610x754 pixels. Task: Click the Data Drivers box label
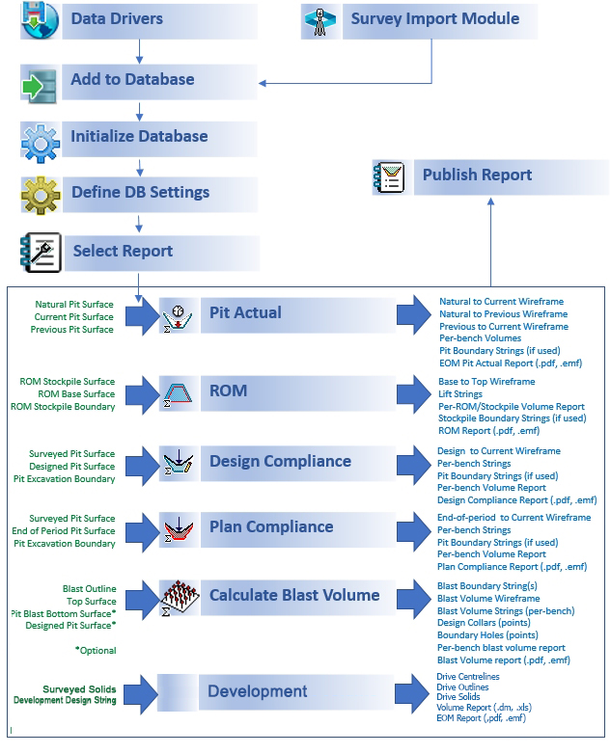click(x=117, y=18)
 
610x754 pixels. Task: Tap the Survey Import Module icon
click(x=320, y=21)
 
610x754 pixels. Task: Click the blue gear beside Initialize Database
click(x=41, y=143)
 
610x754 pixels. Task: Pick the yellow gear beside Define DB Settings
click(x=41, y=195)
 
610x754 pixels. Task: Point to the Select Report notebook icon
click(x=41, y=253)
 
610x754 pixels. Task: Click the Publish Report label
click(x=477, y=175)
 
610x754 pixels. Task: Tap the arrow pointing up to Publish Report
click(x=490, y=242)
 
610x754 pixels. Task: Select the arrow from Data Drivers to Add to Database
click(x=139, y=51)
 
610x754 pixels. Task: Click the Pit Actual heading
click(x=245, y=312)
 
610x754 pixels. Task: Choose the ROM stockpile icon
click(x=178, y=394)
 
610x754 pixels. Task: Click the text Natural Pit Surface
click(x=74, y=305)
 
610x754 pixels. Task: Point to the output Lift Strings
click(x=459, y=393)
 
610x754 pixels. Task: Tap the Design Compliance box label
click(x=280, y=461)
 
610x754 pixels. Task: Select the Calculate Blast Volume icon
click(x=179, y=598)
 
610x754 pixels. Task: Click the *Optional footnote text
click(x=96, y=651)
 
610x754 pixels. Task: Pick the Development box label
click(x=257, y=691)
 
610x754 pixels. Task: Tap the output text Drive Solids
click(x=457, y=697)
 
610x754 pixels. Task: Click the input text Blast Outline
click(x=89, y=588)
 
